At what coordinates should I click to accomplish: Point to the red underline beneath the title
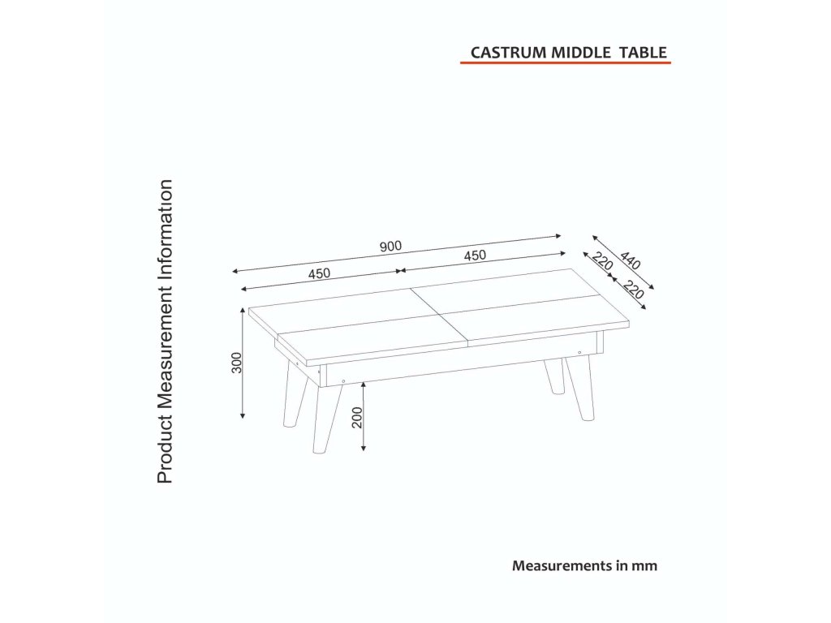pos(565,63)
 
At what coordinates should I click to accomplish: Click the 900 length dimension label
pos(390,247)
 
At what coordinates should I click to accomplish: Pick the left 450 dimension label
pos(319,273)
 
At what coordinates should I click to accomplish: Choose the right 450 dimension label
pos(475,256)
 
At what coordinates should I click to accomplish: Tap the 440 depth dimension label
pos(630,260)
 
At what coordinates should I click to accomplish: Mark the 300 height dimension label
pos(236,363)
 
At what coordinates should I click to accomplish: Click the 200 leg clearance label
pos(357,417)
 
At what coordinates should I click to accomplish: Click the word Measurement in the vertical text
pos(165,341)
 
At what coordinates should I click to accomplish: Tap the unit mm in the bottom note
pos(646,566)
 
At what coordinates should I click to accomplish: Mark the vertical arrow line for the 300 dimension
pos(243,363)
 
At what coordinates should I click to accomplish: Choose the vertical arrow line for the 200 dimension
pos(364,417)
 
